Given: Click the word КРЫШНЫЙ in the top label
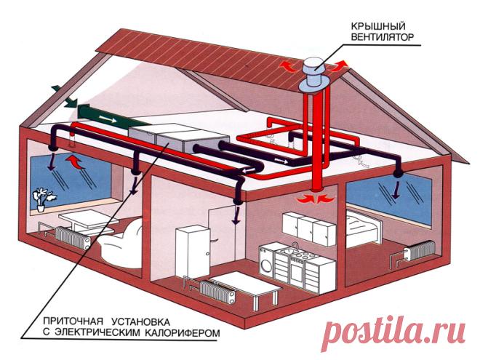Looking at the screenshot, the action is tap(378, 25).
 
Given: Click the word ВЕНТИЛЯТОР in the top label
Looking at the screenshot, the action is tap(382, 37).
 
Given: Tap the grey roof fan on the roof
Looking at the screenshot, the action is tap(314, 74).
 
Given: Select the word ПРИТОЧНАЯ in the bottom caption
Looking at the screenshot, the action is tap(74, 321).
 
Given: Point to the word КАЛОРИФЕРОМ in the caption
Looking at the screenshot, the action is tap(182, 333).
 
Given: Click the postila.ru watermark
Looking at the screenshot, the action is tap(394, 333).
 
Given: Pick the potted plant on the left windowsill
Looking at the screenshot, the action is tap(43, 199).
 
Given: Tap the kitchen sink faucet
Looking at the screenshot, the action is tap(295, 247).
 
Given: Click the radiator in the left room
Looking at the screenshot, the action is tap(73, 238).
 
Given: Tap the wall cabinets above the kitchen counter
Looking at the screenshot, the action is tap(309, 228).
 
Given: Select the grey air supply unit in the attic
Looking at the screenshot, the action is tap(179, 137).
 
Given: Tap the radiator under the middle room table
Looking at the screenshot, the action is tap(217, 291).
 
